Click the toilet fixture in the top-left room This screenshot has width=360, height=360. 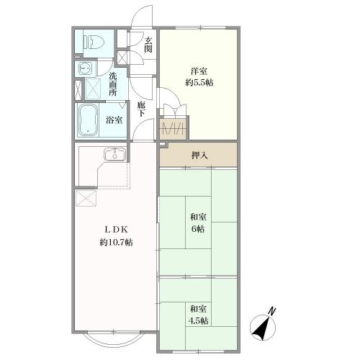pos(94,42)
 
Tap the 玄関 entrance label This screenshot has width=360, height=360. pos(148,45)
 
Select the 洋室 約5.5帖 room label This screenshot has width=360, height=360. pos(199,77)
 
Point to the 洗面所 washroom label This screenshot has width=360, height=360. pos(113,84)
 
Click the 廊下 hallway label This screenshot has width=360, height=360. pos(141,109)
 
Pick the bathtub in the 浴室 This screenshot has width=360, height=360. pos(88,120)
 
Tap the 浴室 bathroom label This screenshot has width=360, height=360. pos(114,120)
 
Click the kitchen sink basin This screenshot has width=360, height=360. pos(115,154)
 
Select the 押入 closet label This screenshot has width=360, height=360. pos(199,156)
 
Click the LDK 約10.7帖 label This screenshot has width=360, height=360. pos(116,236)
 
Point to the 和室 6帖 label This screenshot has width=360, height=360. pos(198,223)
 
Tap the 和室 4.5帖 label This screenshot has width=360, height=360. pos(198,315)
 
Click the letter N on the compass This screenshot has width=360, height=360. pos(271,311)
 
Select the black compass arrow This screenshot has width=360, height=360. pos(261,328)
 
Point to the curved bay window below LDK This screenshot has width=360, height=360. pos(113,339)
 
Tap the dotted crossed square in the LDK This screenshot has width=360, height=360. pos(86,198)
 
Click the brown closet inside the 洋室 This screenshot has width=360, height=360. pos(173,129)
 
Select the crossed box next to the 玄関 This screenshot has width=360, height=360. pos(122,58)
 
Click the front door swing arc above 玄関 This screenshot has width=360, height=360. pos(142,15)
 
